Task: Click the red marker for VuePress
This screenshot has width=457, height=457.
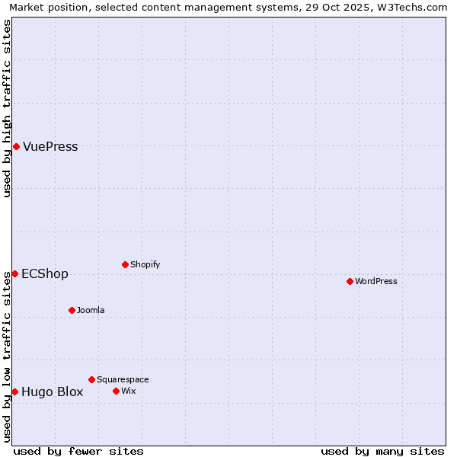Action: [x=16, y=146]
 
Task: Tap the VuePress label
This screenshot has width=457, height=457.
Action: [x=50, y=147]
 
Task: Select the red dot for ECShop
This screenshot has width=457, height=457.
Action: [x=14, y=273]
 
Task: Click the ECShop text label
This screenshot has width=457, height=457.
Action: [x=45, y=274]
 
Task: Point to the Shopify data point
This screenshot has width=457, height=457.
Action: [x=125, y=264]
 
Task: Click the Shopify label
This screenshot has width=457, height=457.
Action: [x=145, y=265]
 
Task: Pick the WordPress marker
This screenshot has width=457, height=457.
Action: [x=350, y=281]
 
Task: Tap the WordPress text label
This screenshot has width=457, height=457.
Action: [x=376, y=282]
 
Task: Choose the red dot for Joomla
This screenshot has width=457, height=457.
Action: [x=72, y=310]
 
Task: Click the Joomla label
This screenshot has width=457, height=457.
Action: [x=91, y=311]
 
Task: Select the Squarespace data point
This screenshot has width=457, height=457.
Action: [x=91, y=379]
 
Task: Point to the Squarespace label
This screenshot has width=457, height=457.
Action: [x=123, y=380]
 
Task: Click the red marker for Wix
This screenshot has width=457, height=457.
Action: [x=116, y=391]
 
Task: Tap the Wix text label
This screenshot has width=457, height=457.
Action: [x=128, y=391]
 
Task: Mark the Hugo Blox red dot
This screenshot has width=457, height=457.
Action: [x=14, y=391]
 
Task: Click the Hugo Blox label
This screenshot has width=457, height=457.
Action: [x=52, y=392]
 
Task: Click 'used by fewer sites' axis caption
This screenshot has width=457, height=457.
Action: [x=78, y=451]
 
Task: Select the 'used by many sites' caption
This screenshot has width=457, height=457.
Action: [x=382, y=451]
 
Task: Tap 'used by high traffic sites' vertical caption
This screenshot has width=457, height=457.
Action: [x=8, y=108]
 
